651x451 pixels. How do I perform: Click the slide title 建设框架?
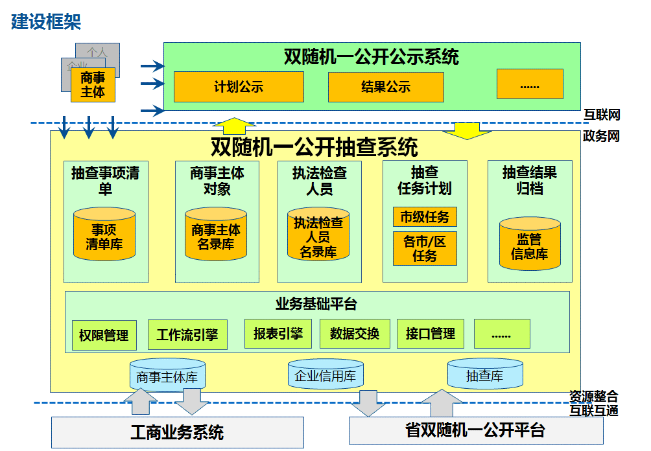(x=46, y=22)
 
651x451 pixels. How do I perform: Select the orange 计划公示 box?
(x=239, y=87)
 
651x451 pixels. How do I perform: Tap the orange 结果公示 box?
(x=386, y=87)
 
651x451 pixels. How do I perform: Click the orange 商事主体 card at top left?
(x=93, y=85)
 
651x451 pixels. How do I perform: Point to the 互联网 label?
(x=602, y=115)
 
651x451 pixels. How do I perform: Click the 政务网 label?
(x=602, y=136)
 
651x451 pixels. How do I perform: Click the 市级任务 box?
(x=425, y=216)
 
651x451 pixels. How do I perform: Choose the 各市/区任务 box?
(x=425, y=249)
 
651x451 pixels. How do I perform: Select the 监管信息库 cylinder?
(x=530, y=245)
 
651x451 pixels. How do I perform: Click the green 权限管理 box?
(x=104, y=336)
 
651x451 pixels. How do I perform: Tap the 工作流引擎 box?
(x=187, y=335)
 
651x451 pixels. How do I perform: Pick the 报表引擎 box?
(x=278, y=334)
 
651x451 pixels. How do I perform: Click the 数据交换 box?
(x=355, y=334)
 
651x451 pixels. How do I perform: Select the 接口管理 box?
(x=431, y=334)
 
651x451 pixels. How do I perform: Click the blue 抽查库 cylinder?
(x=485, y=375)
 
